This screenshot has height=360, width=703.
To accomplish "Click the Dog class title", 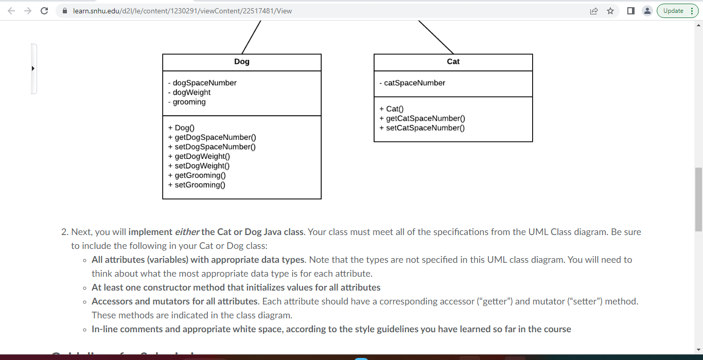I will tap(241, 62).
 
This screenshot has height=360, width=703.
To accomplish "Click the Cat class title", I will tap(453, 62).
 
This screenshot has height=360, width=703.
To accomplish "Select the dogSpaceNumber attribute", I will tap(204, 83).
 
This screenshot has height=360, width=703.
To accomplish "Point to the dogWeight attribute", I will tap(191, 93).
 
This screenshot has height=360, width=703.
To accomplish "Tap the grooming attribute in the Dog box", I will tap(189, 102).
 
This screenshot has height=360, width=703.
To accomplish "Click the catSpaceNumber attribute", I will tap(414, 83).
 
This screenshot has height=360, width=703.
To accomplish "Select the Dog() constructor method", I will tap(184, 128).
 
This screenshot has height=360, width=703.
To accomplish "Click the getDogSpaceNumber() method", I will tap(215, 137).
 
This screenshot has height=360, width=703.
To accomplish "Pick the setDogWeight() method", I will tap(202, 166).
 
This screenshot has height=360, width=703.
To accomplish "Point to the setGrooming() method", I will tap(200, 185).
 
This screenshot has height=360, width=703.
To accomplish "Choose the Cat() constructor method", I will tap(395, 109).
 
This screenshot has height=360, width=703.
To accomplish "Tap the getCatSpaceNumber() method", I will tap(426, 118).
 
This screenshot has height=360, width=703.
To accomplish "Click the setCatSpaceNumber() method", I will tap(425, 128).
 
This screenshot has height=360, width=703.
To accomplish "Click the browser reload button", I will tap(44, 11).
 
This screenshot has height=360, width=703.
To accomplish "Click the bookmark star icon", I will tap(610, 11).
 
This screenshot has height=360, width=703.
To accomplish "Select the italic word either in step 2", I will tap(187, 232).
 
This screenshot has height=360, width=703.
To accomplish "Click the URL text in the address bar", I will tap(182, 11).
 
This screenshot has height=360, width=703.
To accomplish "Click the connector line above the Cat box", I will tap(435, 37).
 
